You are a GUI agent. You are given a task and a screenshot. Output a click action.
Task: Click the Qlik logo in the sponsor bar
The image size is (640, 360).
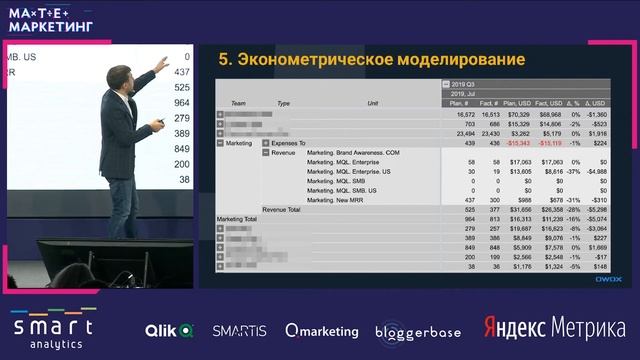click(x=169, y=330)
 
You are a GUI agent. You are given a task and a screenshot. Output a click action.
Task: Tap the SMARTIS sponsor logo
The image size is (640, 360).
click(x=240, y=330)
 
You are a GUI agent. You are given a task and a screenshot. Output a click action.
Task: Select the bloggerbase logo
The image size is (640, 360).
click(x=418, y=331)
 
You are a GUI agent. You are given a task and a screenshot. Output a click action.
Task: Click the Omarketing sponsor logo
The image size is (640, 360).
click(x=322, y=330)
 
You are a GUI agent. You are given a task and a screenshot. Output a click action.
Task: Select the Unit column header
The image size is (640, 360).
click(x=372, y=103)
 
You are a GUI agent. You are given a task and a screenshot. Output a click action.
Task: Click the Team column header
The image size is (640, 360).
click(x=238, y=103)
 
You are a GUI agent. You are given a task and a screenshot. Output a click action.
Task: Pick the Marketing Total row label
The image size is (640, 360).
click(x=237, y=218)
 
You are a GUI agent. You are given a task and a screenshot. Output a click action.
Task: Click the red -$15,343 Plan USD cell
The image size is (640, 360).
click(x=517, y=143)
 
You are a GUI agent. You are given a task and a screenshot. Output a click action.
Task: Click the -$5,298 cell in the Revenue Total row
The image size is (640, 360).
click(x=595, y=209)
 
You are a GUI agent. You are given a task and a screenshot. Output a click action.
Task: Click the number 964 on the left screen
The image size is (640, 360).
click(x=181, y=103)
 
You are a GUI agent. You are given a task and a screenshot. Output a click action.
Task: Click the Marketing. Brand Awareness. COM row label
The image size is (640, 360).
click(x=353, y=152)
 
